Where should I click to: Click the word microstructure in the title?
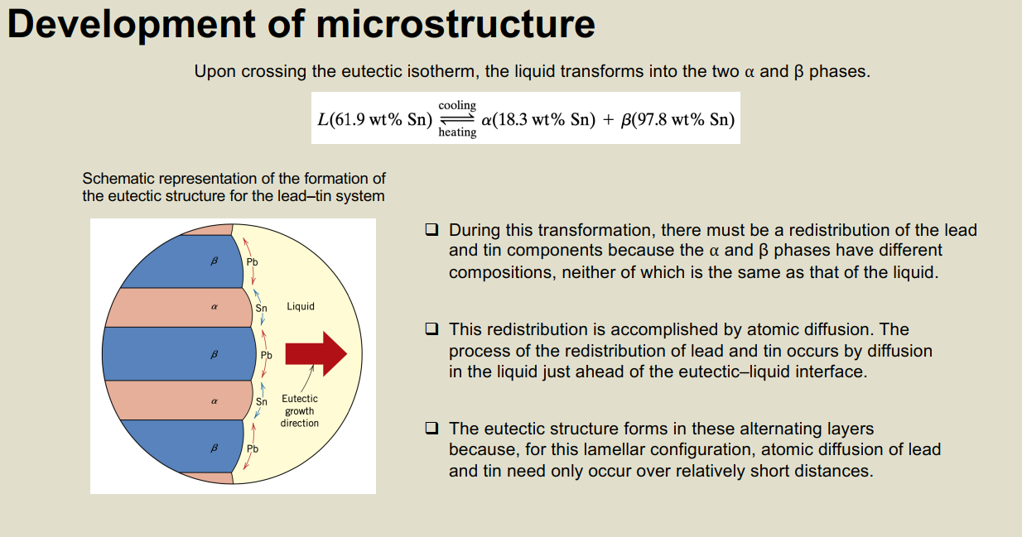[456, 24]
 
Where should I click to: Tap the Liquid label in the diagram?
[301, 306]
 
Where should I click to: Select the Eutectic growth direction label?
[300, 410]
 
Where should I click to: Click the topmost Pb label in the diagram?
[253, 262]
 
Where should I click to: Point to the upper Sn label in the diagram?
[261, 309]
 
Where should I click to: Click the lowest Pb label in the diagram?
[253, 449]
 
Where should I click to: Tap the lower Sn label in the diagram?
[262, 402]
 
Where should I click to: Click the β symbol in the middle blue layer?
[215, 354]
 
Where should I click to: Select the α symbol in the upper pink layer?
[215, 307]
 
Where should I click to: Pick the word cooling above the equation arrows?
[457, 105]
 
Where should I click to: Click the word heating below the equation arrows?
[457, 132]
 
